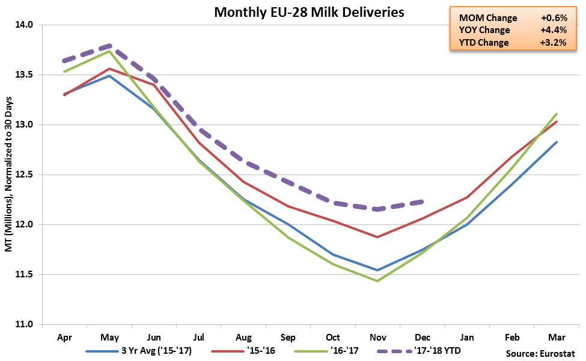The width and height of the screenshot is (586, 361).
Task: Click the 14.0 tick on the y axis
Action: [25, 25]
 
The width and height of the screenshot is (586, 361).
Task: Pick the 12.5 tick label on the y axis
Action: [25, 175]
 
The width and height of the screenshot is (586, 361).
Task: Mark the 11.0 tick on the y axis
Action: [25, 325]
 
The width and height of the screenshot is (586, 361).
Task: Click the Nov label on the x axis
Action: [377, 338]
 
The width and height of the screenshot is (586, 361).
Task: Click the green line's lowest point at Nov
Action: [377, 281]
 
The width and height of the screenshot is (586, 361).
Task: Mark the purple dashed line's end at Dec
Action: [424, 202]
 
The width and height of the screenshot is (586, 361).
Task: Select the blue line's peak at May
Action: [109, 76]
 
